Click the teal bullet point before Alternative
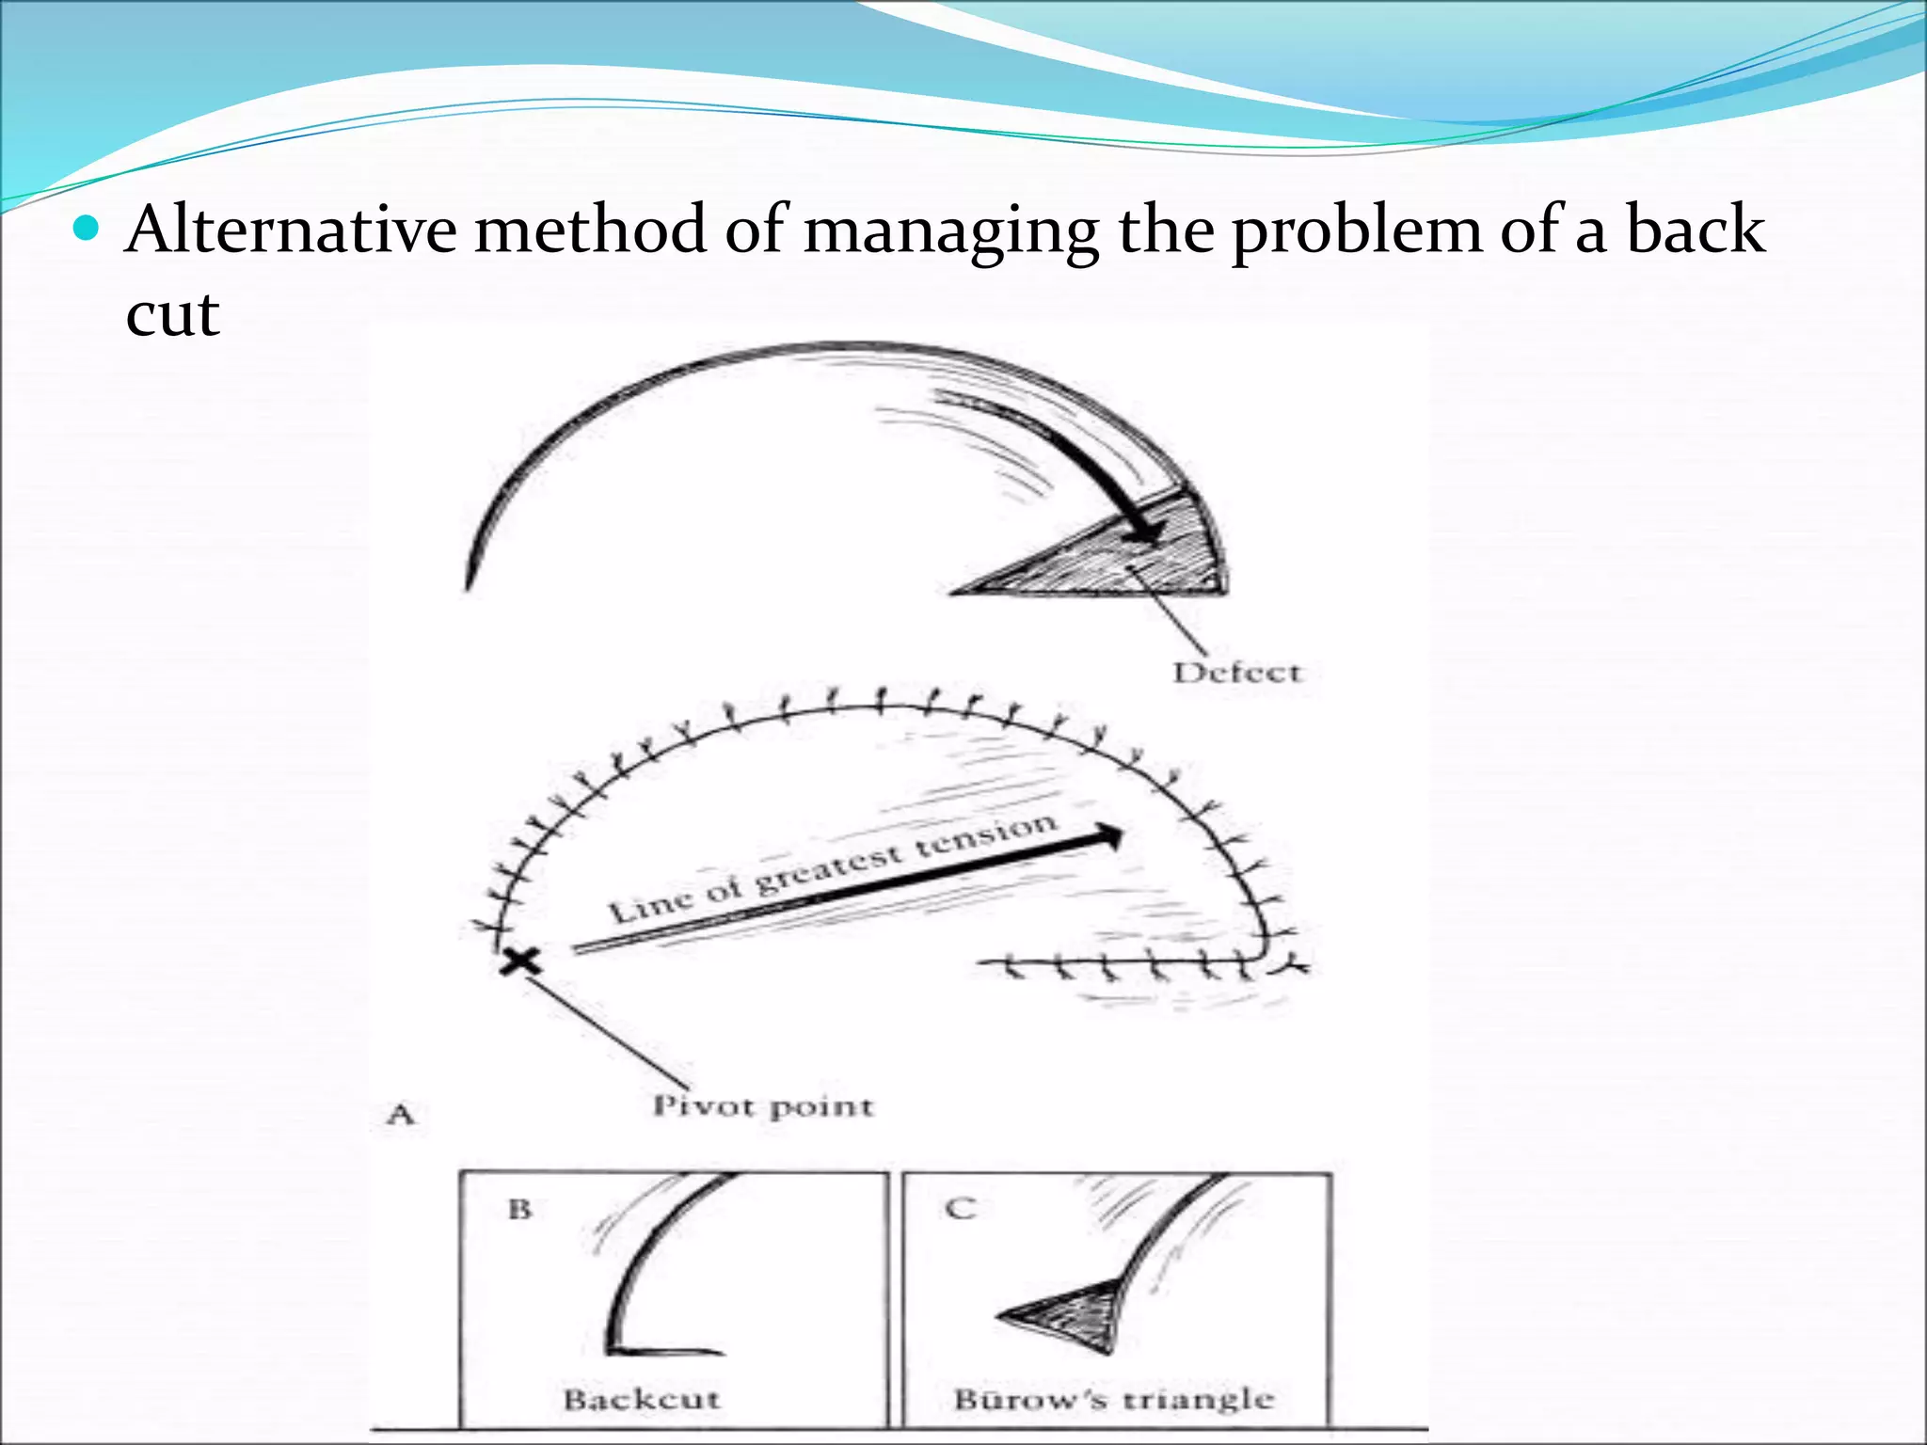[x=86, y=229]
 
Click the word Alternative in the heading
[x=291, y=230]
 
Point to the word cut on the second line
[x=172, y=314]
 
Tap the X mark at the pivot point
[x=520, y=961]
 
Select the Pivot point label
[x=763, y=1106]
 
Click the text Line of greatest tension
[x=833, y=866]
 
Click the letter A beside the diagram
[x=401, y=1115]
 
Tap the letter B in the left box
[x=519, y=1209]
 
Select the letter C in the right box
[x=959, y=1208]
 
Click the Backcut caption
[x=642, y=1400]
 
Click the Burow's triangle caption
[x=1113, y=1400]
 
